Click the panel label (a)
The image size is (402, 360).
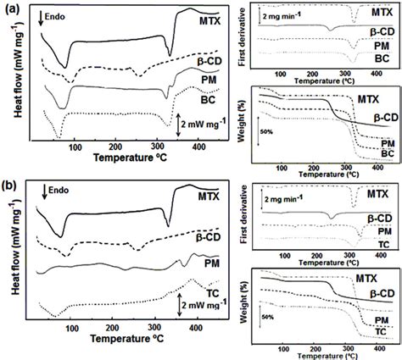12,8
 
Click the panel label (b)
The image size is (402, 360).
12,184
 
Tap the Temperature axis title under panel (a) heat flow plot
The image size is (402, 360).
123,158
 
